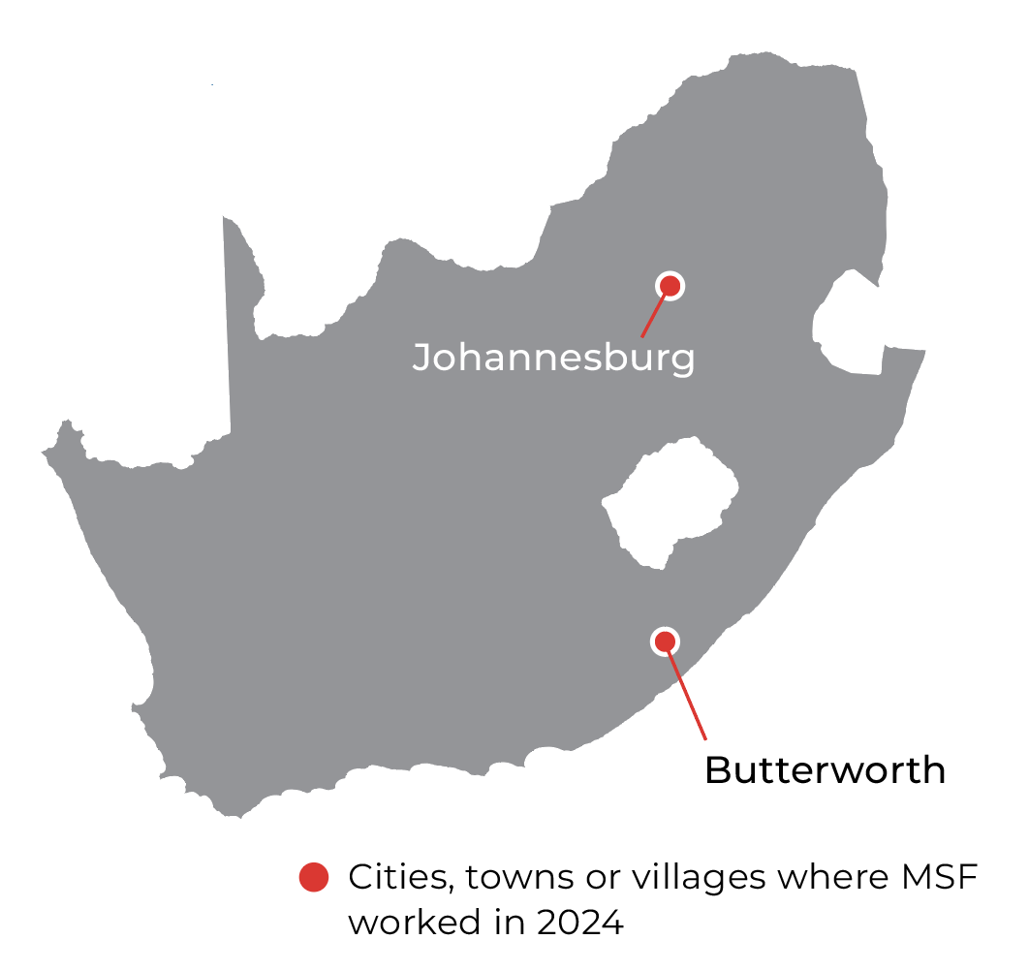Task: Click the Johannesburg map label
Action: coord(553,358)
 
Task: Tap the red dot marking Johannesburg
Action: coord(670,285)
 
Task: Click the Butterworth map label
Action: coord(825,770)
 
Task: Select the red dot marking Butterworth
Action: coord(665,641)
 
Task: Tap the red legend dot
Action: coord(313,878)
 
